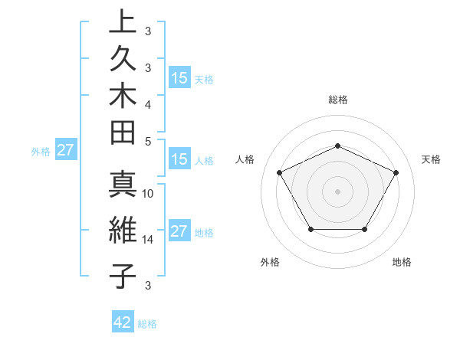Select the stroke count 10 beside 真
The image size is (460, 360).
pyautogui.click(x=149, y=194)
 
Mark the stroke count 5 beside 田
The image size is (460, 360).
pyautogui.click(x=148, y=141)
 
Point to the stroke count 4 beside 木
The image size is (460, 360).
pyautogui.click(x=148, y=103)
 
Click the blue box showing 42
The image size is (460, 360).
pyautogui.click(x=123, y=322)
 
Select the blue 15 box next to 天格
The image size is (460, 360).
pyautogui.click(x=179, y=78)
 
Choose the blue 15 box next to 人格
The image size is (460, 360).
pyautogui.click(x=179, y=160)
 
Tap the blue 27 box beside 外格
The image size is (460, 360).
pyautogui.click(x=65, y=150)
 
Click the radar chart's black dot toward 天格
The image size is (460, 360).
pyautogui.click(x=396, y=172)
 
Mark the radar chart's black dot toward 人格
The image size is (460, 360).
pyautogui.click(x=280, y=172)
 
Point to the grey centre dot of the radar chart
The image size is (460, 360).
pyautogui.click(x=338, y=191)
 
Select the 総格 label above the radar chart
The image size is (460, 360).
pyautogui.click(x=338, y=100)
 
